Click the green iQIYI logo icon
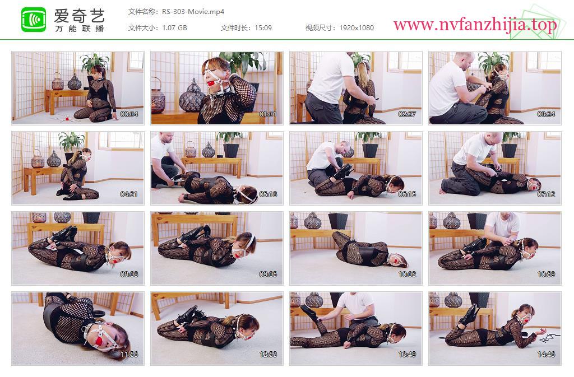tap(34, 20)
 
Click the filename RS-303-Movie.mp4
tap(193, 12)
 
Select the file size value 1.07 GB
tap(174, 28)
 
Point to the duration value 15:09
tap(263, 28)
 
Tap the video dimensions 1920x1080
tap(357, 28)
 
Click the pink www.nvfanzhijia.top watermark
tap(475, 25)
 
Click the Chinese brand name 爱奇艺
tap(80, 15)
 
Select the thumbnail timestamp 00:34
tap(129, 114)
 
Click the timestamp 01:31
tap(268, 114)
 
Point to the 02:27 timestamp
tap(407, 114)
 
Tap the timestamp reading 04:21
tap(129, 194)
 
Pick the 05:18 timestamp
tap(268, 194)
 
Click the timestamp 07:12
tap(546, 194)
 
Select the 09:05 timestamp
tap(268, 274)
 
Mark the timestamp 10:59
tap(546, 274)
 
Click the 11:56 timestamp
tap(129, 355)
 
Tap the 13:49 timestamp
tap(407, 355)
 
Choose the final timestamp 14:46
tap(546, 355)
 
